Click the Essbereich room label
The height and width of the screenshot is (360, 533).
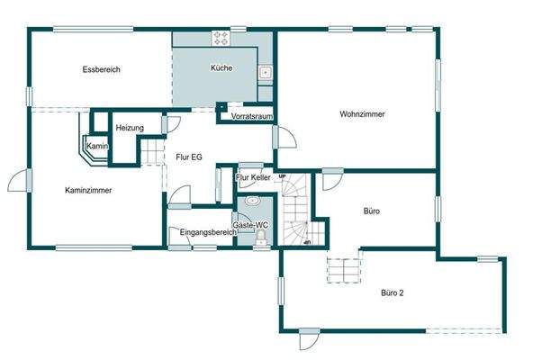[x=101, y=69]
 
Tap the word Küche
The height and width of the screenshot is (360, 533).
[x=221, y=68]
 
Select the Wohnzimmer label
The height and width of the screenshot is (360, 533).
[x=363, y=114]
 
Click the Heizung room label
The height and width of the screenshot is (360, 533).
[x=130, y=129]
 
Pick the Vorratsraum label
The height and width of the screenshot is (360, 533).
[x=251, y=117]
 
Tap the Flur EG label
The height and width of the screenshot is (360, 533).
[x=189, y=157]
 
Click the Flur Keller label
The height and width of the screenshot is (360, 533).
[x=253, y=178]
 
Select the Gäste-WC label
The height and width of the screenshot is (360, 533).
[x=250, y=224]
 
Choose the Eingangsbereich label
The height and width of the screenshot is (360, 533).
[x=208, y=232]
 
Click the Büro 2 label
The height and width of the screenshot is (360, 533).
[x=392, y=292]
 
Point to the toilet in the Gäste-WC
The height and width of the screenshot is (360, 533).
[x=260, y=238]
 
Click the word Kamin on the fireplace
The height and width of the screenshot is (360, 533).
[x=97, y=146]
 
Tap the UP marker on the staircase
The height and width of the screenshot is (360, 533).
[x=283, y=176]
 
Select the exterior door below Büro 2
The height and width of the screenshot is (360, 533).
[x=309, y=340]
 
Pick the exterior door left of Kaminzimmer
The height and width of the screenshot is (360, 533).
[x=19, y=179]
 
